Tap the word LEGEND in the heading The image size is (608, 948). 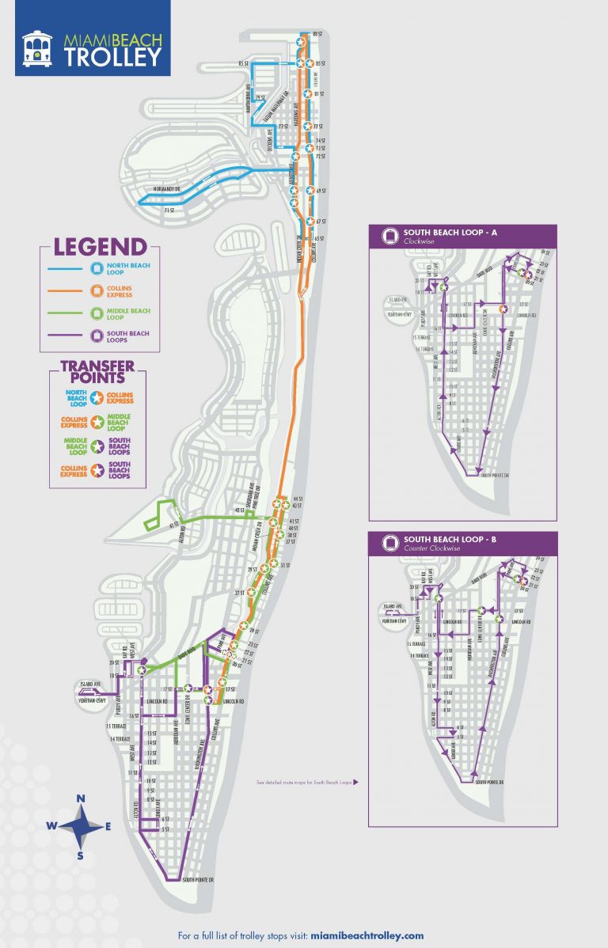coord(100,247)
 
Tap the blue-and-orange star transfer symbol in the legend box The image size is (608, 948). coord(97,396)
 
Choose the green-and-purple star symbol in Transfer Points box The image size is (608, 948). coord(97,446)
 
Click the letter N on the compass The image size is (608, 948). coord(80,799)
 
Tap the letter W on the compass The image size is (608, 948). coord(51,827)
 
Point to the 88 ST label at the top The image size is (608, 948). coord(317,34)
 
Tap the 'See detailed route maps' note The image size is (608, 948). coord(304,782)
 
